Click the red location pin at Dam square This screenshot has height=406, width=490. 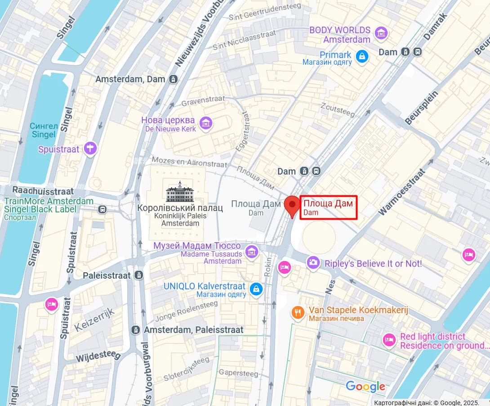[292, 206]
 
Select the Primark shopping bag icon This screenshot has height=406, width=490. [362, 56]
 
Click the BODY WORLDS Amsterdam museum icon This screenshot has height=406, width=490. [382, 33]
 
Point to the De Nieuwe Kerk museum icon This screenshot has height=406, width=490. [206, 123]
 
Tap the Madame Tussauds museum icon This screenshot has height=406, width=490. [251, 252]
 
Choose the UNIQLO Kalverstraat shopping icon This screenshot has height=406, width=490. [256, 289]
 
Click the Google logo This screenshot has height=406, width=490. [365, 386]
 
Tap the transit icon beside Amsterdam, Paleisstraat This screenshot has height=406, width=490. [135, 330]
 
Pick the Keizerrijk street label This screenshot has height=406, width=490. [94, 319]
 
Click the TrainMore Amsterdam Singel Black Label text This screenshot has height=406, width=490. [49, 205]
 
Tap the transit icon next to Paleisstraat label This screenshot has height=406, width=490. [140, 275]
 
